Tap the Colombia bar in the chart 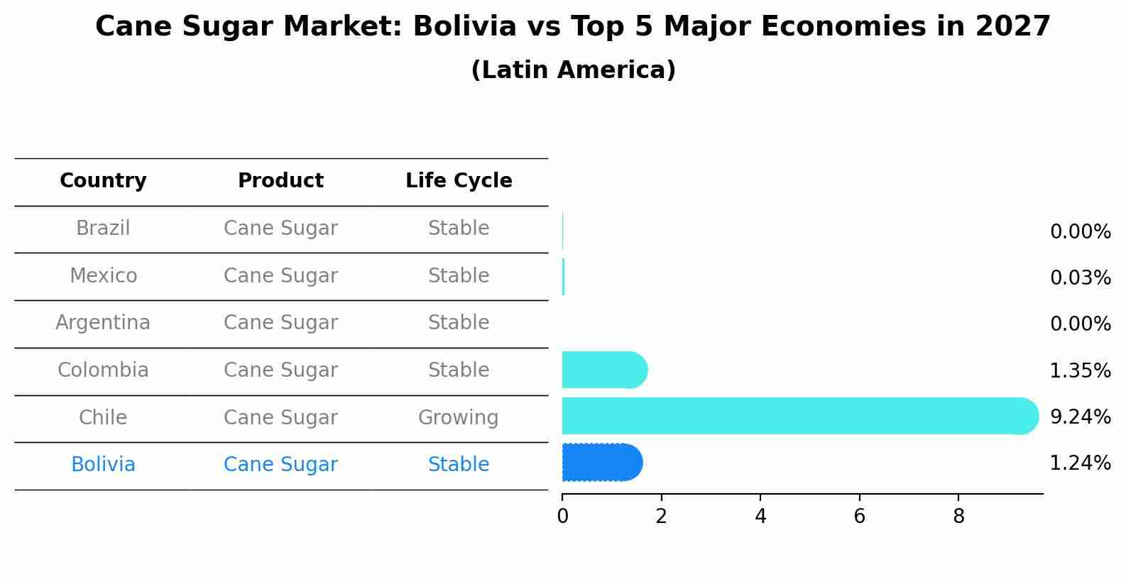[x=604, y=370]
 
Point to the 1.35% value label [x=1080, y=370]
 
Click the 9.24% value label [x=1080, y=417]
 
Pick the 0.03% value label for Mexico [x=1080, y=277]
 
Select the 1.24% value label [x=1080, y=463]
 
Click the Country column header [x=103, y=181]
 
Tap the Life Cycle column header [x=459, y=181]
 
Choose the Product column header [x=280, y=181]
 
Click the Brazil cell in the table [x=103, y=228]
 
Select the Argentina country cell [x=103, y=323]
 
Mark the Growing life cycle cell [x=458, y=417]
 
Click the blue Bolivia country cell [x=103, y=465]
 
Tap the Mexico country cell [x=103, y=275]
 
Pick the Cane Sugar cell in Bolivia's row [x=280, y=465]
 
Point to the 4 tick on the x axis [x=760, y=516]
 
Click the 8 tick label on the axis [x=958, y=516]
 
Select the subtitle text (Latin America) [x=573, y=70]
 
